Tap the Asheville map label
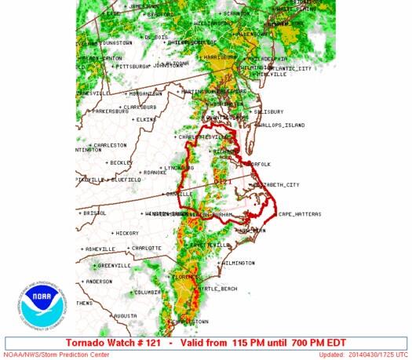click(x=100, y=249)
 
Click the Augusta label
click(x=125, y=315)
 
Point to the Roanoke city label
click(x=150, y=173)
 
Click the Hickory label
click(x=126, y=233)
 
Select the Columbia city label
click(x=148, y=293)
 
